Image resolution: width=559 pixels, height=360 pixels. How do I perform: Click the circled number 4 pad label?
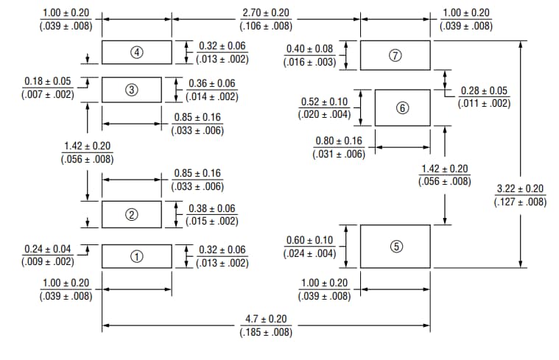[x=136, y=52]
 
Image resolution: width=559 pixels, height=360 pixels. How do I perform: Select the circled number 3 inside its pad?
[x=132, y=91]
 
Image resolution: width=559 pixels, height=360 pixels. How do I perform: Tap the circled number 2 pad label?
[x=132, y=215]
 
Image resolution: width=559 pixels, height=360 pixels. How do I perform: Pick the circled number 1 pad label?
[x=136, y=256]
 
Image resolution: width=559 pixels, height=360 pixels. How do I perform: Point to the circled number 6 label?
[x=402, y=108]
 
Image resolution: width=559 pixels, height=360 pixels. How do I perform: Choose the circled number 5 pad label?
[x=396, y=247]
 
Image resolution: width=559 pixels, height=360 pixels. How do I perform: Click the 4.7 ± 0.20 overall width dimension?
[x=266, y=320]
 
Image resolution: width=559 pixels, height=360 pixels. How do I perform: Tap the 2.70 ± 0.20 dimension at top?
[x=267, y=13]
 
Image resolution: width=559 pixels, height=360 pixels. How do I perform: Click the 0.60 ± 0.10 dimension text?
[x=309, y=241]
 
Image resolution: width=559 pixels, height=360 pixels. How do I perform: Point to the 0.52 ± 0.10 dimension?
[x=325, y=102]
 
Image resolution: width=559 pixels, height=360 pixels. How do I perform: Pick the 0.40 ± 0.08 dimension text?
[x=309, y=49]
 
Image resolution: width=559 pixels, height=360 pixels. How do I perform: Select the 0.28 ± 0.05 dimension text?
[x=484, y=91]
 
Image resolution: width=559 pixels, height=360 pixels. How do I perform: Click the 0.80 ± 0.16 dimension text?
[x=339, y=141]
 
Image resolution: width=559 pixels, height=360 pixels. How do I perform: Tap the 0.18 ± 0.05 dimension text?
[x=48, y=82]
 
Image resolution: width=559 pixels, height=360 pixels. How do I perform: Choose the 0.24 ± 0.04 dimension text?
[x=48, y=250]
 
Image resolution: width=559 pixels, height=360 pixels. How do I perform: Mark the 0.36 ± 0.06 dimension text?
[x=212, y=84]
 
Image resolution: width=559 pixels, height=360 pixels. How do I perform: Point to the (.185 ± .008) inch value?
[x=266, y=333]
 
